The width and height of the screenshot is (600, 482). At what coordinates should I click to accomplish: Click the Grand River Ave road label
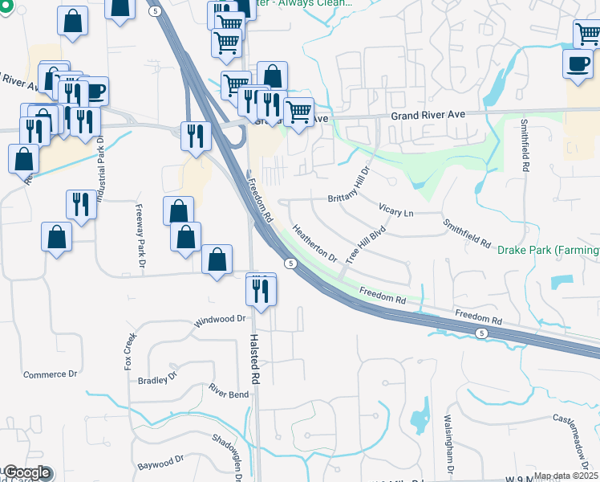point(428,116)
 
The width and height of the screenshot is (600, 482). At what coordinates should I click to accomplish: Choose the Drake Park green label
point(548,251)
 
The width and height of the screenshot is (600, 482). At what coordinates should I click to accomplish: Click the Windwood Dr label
point(219,321)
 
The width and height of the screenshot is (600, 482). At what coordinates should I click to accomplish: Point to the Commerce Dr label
point(50,374)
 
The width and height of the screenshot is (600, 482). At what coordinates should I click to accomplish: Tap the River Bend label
point(229,391)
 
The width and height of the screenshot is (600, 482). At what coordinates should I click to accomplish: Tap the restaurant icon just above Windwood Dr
point(261,290)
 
